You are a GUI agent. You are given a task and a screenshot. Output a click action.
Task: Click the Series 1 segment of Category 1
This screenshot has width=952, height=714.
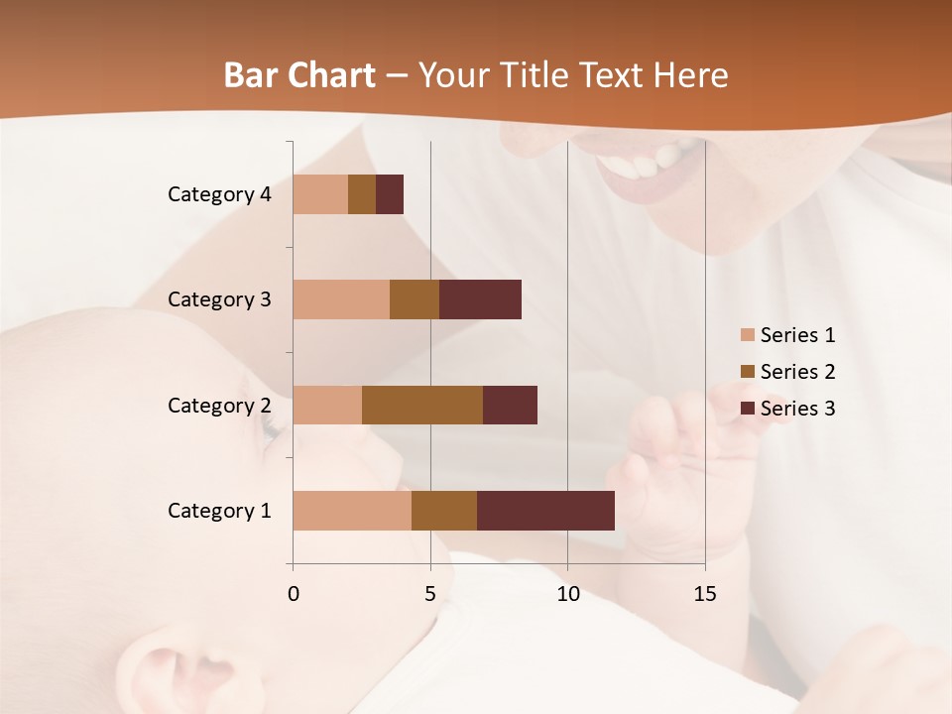pyautogui.click(x=352, y=511)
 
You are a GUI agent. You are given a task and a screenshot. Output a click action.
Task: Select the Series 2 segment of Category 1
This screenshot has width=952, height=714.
pyautogui.click(x=444, y=511)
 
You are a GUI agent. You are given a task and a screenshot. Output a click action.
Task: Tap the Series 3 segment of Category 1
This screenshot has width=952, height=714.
pyautogui.click(x=545, y=511)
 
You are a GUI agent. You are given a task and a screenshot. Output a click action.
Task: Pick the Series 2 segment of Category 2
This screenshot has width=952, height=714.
pyautogui.click(x=422, y=405)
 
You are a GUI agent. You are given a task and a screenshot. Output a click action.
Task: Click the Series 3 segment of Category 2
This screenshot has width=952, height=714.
pyautogui.click(x=510, y=405)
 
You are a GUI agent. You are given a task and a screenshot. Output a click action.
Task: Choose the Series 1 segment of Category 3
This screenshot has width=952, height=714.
pyautogui.click(x=341, y=299)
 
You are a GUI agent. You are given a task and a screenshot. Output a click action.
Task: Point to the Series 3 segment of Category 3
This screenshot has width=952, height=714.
pyautogui.click(x=480, y=299)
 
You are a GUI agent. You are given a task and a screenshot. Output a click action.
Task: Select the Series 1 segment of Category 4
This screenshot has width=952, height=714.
pyautogui.click(x=320, y=194)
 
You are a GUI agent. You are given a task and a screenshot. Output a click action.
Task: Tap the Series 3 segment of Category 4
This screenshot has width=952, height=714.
pyautogui.click(x=390, y=194)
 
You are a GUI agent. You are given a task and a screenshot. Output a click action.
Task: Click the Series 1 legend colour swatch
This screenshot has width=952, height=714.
pyautogui.click(x=747, y=335)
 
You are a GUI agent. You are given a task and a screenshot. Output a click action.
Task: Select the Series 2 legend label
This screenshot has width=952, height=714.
pyautogui.click(x=797, y=372)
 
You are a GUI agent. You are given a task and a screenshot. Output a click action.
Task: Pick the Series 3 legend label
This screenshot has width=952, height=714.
pyautogui.click(x=797, y=409)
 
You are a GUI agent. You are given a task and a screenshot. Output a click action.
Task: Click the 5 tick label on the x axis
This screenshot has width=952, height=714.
pyautogui.click(x=430, y=594)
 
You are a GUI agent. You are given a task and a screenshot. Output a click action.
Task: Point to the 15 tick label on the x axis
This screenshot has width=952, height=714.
pyautogui.click(x=704, y=594)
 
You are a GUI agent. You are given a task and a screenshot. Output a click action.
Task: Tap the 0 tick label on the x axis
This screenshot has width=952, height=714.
pyautogui.click(x=294, y=594)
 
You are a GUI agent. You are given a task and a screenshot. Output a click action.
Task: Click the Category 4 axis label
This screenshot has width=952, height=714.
pyautogui.click(x=219, y=194)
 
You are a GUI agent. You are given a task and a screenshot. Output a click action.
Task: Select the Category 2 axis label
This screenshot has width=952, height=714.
pyautogui.click(x=219, y=406)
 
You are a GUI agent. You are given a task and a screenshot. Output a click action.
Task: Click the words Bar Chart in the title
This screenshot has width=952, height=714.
pyautogui.click(x=299, y=75)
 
